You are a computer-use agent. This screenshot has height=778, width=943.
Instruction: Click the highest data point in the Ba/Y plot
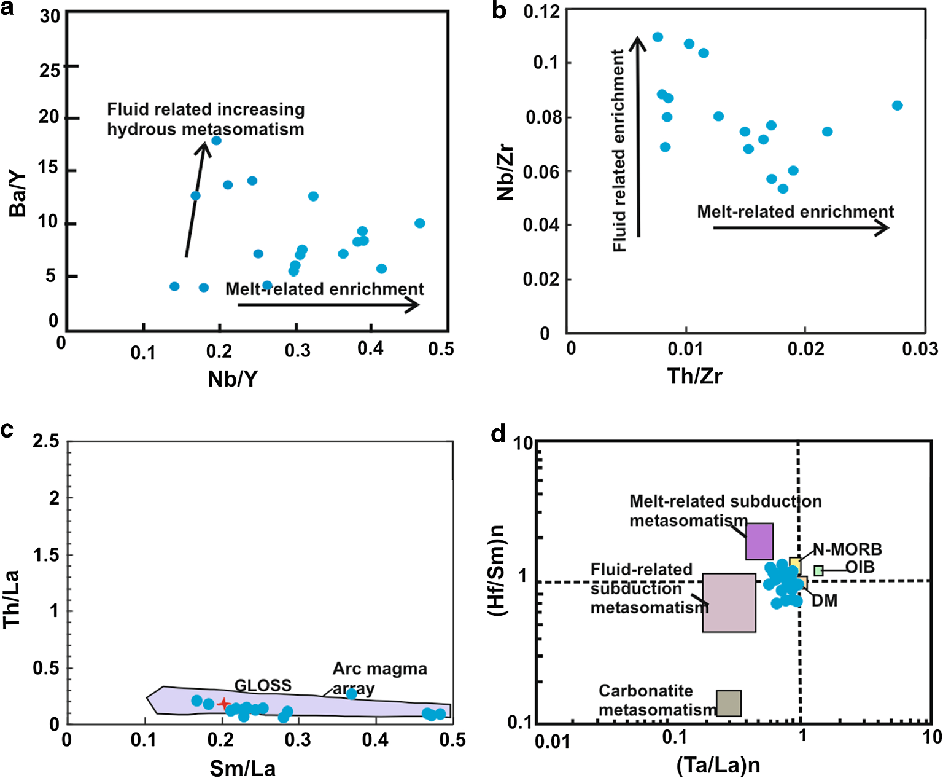pyautogui.click(x=216, y=141)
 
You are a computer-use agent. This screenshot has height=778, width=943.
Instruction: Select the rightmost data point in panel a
pyautogui.click(x=420, y=223)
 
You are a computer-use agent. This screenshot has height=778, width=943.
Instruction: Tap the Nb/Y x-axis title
pyautogui.click(x=233, y=379)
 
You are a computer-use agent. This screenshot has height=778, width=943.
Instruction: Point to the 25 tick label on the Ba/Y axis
pyautogui.click(x=50, y=70)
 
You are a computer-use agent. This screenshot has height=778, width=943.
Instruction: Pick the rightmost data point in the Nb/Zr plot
pyautogui.click(x=897, y=106)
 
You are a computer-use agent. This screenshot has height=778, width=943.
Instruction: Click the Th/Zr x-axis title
pyautogui.click(x=694, y=375)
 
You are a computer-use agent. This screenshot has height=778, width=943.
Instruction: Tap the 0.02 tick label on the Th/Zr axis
pyautogui.click(x=805, y=349)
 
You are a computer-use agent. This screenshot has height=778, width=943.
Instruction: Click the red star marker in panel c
pyautogui.click(x=223, y=704)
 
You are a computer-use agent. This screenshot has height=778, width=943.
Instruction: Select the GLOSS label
pyautogui.click(x=263, y=685)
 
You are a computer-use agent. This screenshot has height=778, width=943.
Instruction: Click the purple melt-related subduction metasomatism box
pyautogui.click(x=759, y=541)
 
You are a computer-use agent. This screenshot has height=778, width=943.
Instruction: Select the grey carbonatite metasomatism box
pyautogui.click(x=729, y=703)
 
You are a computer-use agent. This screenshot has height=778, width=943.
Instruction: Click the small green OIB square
pyautogui.click(x=818, y=571)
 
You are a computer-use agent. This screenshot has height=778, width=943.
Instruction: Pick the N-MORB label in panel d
pyautogui.click(x=847, y=549)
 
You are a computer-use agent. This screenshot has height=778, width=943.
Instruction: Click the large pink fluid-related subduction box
pyautogui.click(x=729, y=603)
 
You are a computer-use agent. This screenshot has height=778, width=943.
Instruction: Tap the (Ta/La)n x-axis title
pyautogui.click(x=718, y=764)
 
